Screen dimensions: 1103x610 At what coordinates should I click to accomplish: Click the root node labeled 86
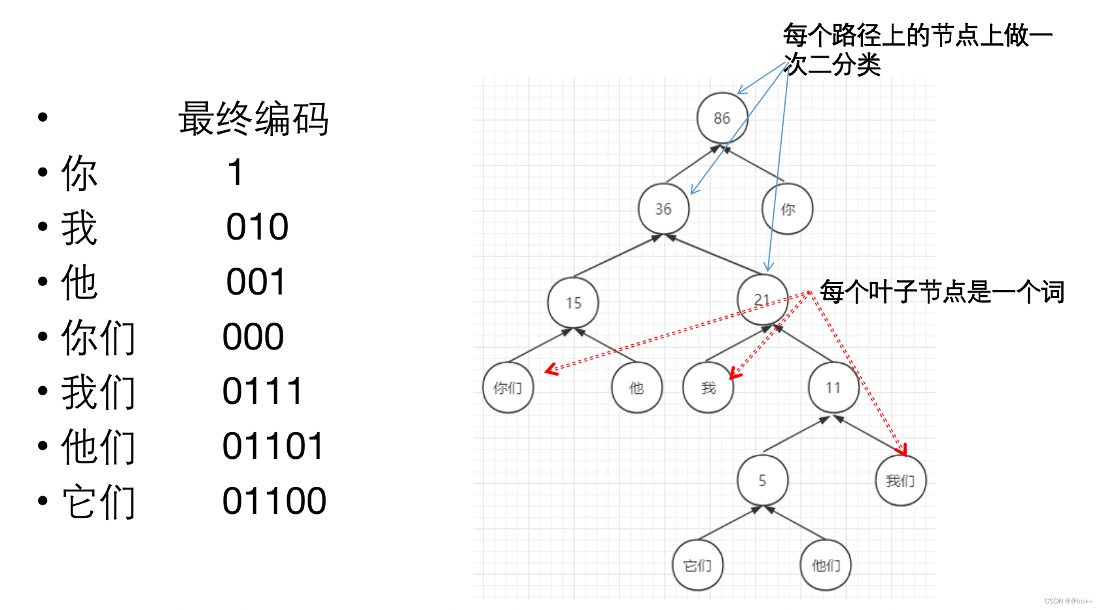pyautogui.click(x=722, y=118)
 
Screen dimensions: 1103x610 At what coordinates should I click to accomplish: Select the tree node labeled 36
pyautogui.click(x=663, y=209)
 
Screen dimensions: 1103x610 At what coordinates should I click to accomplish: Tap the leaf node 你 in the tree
pyautogui.click(x=788, y=209)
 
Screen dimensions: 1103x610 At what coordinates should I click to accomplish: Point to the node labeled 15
pyautogui.click(x=573, y=303)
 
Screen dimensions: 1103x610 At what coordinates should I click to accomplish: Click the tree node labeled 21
pyautogui.click(x=762, y=300)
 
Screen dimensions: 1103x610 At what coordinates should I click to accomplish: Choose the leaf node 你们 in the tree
pyautogui.click(x=508, y=388)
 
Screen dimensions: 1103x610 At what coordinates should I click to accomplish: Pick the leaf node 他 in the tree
pyautogui.click(x=637, y=388)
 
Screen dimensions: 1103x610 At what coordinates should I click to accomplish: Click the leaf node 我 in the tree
pyautogui.click(x=708, y=388)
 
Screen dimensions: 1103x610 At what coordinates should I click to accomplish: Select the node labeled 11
pyautogui.click(x=833, y=388)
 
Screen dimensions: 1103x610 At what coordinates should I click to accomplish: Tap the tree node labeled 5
pyautogui.click(x=762, y=481)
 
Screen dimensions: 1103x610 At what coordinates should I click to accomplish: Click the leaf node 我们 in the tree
pyautogui.click(x=900, y=481)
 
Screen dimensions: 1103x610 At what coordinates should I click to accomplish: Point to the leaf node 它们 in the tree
pyautogui.click(x=697, y=565)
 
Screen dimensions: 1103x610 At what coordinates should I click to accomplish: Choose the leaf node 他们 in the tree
pyautogui.click(x=826, y=565)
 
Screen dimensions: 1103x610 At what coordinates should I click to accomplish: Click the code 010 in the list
pyautogui.click(x=257, y=228)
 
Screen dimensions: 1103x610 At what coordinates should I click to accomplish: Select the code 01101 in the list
pyautogui.click(x=273, y=446)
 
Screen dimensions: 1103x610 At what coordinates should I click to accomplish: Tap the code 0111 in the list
pyautogui.click(x=262, y=391)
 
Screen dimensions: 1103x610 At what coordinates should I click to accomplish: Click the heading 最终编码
pyautogui.click(x=253, y=119)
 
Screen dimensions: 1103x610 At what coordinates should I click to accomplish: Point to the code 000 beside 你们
pyautogui.click(x=253, y=337)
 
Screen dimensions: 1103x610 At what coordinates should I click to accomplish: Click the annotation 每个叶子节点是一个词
pyautogui.click(x=942, y=292)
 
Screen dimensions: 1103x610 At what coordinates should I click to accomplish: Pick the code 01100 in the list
pyautogui.click(x=274, y=501)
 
